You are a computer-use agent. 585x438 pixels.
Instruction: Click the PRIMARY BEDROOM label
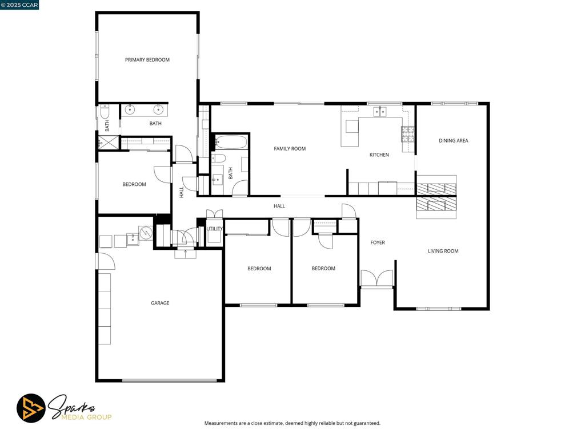click(x=147, y=59)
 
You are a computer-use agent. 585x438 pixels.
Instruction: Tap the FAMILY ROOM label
click(x=290, y=149)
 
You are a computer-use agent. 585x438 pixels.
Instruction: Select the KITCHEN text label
click(x=379, y=155)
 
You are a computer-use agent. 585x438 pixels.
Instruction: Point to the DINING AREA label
click(x=453, y=140)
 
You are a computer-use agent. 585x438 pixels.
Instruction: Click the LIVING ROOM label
click(x=443, y=251)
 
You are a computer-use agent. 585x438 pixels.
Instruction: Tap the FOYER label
click(x=377, y=242)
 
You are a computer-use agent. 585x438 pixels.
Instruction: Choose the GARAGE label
click(x=160, y=303)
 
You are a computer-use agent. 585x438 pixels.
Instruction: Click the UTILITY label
click(x=215, y=229)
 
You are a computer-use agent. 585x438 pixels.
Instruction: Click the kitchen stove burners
click(x=407, y=134)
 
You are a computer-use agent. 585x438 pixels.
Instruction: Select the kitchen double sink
click(x=380, y=111)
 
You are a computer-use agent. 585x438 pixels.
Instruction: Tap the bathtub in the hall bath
click(x=231, y=142)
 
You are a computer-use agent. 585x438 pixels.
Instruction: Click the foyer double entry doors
click(x=377, y=278)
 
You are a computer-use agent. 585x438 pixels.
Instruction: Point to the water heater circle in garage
click(x=146, y=233)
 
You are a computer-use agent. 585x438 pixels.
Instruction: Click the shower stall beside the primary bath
click(x=109, y=142)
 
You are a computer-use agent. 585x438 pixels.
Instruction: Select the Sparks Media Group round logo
click(x=31, y=408)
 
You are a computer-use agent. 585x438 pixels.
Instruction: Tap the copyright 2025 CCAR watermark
click(x=19, y=5)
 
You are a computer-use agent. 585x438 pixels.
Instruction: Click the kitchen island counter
click(x=351, y=133)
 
